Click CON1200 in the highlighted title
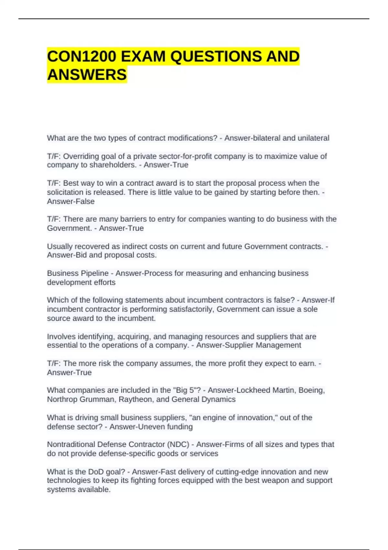tap(81, 57)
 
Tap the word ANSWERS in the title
tap(87, 75)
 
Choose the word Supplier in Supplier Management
tap(238, 345)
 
